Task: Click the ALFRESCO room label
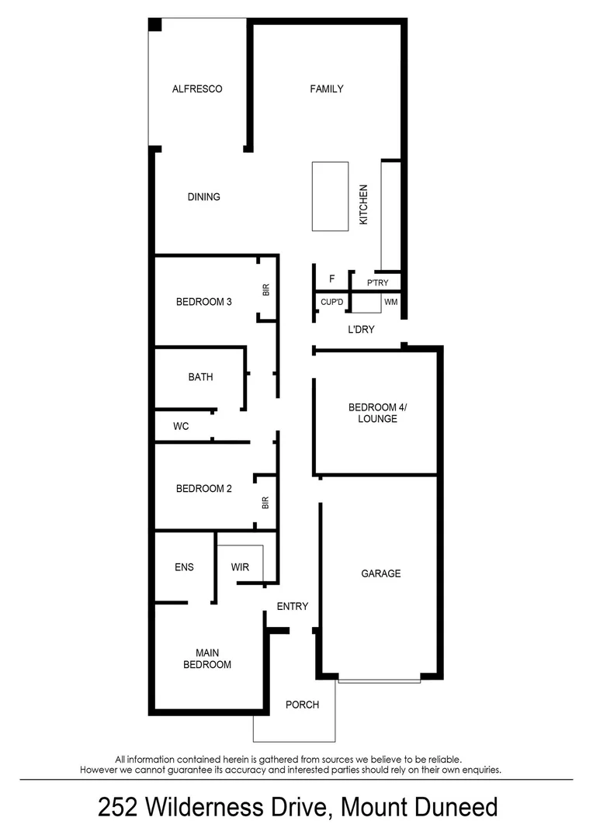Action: [x=197, y=89]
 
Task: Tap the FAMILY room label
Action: [x=327, y=89]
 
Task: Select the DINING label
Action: [x=203, y=197]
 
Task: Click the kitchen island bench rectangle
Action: [x=331, y=196]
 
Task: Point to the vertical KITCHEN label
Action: [x=363, y=205]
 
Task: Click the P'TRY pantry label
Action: [x=377, y=283]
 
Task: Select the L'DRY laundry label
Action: [x=361, y=330]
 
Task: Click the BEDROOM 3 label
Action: [x=204, y=303]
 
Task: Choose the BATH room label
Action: [x=200, y=378]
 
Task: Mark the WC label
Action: [x=181, y=427]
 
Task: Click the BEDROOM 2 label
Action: [x=204, y=489]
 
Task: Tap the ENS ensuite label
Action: [x=184, y=567]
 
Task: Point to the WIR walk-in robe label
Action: [x=241, y=567]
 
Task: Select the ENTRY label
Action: [x=293, y=607]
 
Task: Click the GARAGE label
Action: [x=380, y=574]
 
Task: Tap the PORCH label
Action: [x=302, y=705]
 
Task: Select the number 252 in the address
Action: [x=119, y=808]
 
